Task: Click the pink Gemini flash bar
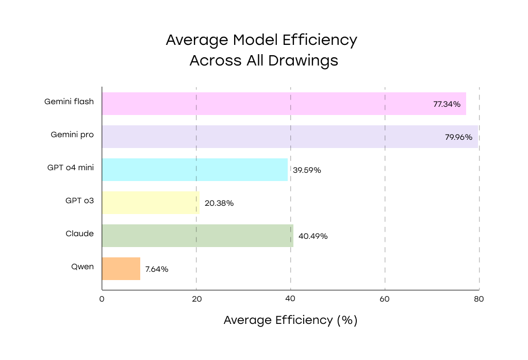pos(268,104)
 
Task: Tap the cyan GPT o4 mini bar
pos(194,170)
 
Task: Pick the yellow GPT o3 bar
pos(151,203)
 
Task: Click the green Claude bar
pos(197,236)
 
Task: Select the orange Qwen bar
pos(121,269)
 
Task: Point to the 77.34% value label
pos(447,104)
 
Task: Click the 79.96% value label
pos(458,137)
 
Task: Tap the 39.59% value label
pos(307,170)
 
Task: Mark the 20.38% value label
pos(219,203)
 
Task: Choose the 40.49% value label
pos(313,236)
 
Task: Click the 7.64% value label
pos(157,269)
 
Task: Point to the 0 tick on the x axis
pos(102,299)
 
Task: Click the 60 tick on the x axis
pos(385,299)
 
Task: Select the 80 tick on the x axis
pos(479,299)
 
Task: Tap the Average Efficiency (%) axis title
pos(290,320)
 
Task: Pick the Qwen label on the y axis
pos(82,267)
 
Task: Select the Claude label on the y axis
pos(80,234)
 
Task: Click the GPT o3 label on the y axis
pos(79,201)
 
